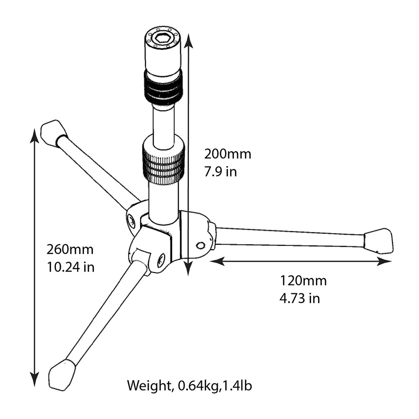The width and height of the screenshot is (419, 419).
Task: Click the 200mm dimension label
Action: [x=228, y=154]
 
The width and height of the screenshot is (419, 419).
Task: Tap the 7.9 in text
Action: [x=220, y=172]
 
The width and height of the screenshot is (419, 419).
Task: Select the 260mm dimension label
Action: [x=70, y=249]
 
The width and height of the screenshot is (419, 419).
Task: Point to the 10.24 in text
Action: [x=70, y=267]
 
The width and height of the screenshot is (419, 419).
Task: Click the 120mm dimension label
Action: [x=303, y=280]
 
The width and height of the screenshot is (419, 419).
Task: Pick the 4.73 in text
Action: [x=300, y=298]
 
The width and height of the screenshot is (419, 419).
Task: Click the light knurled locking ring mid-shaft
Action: [x=163, y=162]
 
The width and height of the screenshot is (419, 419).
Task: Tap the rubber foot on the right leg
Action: [x=379, y=241]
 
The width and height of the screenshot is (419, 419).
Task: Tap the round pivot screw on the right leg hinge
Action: [x=200, y=245]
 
